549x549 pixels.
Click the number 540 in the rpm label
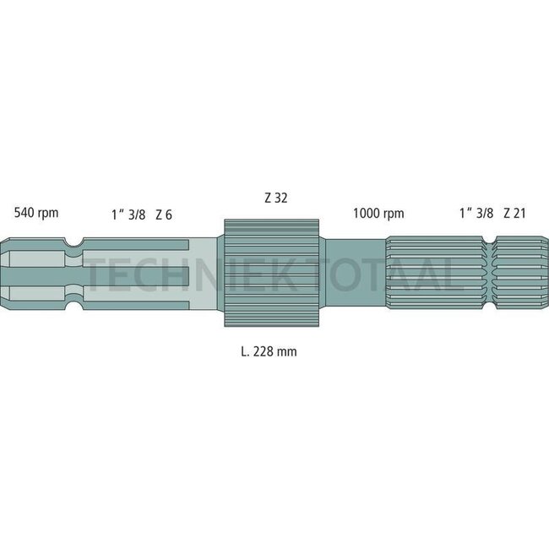click(24, 214)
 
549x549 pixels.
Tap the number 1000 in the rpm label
click(365, 214)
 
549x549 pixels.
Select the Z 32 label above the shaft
click(275, 198)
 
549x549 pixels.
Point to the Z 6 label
click(164, 215)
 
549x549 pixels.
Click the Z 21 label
click(514, 214)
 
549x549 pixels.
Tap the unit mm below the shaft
click(288, 351)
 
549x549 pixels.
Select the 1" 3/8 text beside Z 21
click(476, 214)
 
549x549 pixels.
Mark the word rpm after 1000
click(393, 215)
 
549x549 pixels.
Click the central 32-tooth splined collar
click(272, 272)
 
